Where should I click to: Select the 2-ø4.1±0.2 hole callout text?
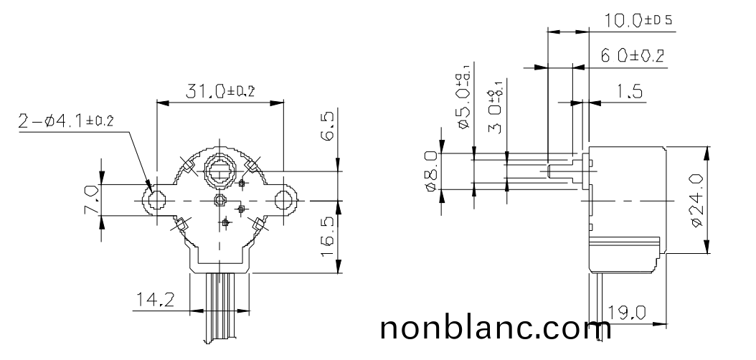point(66,121)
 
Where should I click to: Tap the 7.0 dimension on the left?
point(91,200)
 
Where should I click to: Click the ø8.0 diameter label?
point(431,171)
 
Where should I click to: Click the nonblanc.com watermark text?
point(495,328)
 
